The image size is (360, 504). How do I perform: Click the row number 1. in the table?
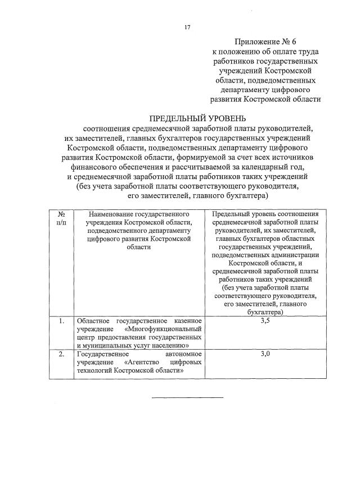point(61,321)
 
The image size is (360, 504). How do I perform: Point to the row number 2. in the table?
point(61,355)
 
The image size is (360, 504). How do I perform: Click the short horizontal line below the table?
point(187,397)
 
